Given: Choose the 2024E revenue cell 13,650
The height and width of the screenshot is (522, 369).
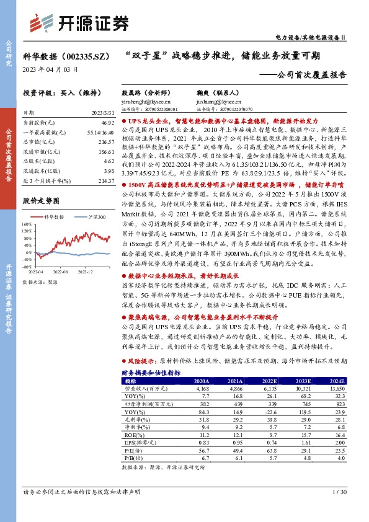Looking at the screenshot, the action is (336, 387).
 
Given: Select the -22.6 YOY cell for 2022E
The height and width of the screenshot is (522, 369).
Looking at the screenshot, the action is (269, 410).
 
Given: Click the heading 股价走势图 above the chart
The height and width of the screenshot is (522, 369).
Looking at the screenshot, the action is (42, 201).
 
